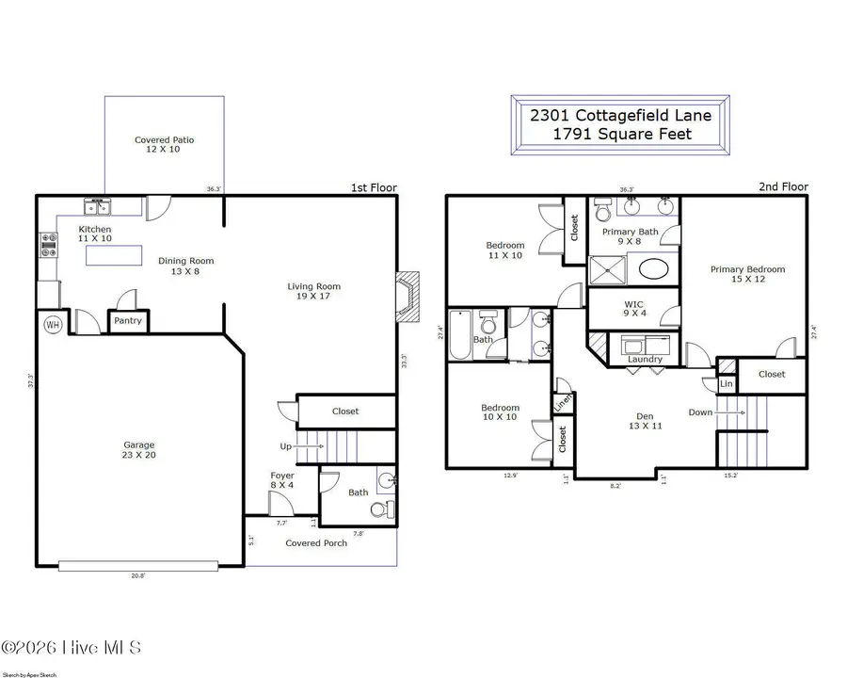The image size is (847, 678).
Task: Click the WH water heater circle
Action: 53,324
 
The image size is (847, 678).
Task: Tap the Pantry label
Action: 128,321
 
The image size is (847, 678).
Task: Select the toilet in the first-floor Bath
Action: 379,509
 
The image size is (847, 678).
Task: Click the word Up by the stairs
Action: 285,446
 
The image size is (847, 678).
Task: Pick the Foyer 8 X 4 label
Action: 282,480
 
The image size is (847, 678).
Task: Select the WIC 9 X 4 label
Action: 631,308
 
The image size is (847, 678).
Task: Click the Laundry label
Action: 645,359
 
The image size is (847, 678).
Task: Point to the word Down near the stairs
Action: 700,412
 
